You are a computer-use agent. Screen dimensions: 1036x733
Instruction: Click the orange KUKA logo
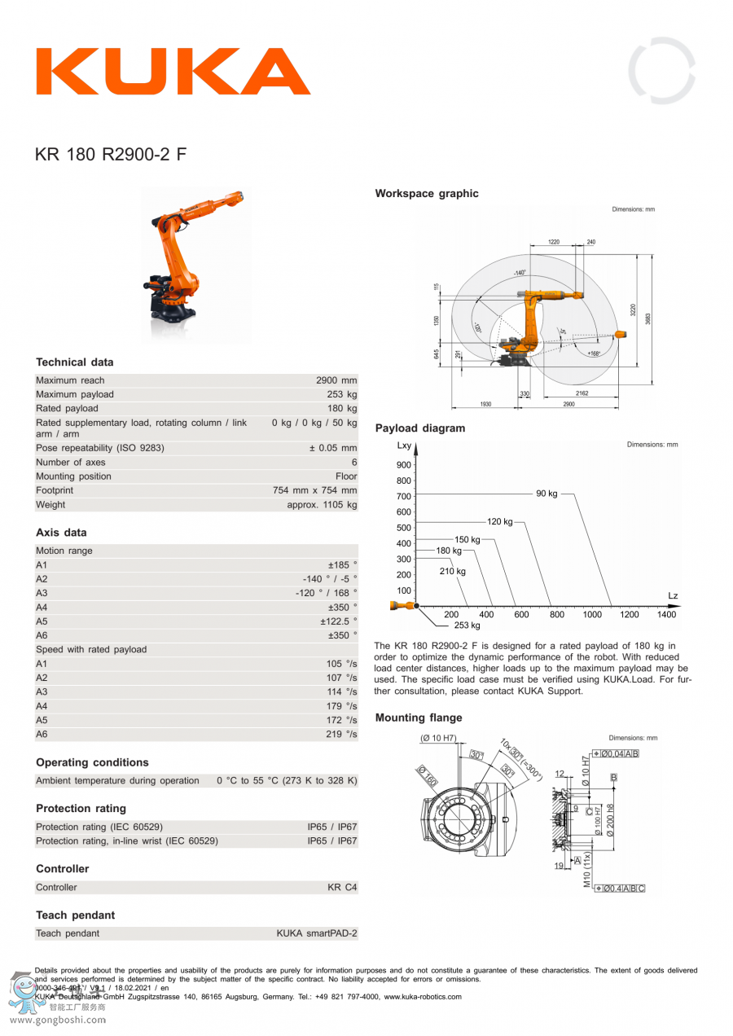pyautogui.click(x=173, y=72)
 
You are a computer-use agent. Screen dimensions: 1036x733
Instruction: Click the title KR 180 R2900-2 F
pyautogui.click(x=111, y=154)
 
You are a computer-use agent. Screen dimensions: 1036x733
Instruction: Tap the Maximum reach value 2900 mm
pyautogui.click(x=336, y=380)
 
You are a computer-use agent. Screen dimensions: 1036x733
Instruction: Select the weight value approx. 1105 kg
pyautogui.click(x=322, y=505)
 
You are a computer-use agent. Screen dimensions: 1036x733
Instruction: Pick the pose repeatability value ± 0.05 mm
pyautogui.click(x=333, y=448)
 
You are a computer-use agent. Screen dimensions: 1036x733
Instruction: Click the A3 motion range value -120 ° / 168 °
pyautogui.click(x=326, y=593)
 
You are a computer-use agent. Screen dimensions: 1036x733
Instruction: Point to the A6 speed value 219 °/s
pyautogui.click(x=341, y=735)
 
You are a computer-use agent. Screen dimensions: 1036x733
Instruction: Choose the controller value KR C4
pyautogui.click(x=342, y=887)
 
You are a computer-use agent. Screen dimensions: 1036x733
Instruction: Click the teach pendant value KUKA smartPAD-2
pyautogui.click(x=316, y=933)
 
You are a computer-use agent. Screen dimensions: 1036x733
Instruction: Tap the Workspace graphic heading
pyautogui.click(x=427, y=194)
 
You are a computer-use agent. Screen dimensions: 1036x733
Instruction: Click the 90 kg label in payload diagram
pyautogui.click(x=546, y=494)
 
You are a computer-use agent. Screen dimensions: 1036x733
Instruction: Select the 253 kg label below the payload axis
pyautogui.click(x=467, y=626)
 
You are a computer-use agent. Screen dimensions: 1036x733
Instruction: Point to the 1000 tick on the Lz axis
pyautogui.click(x=592, y=615)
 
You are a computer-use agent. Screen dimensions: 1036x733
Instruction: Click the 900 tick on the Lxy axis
pyautogui.click(x=404, y=465)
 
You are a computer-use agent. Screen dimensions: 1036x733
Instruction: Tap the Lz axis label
pyautogui.click(x=673, y=596)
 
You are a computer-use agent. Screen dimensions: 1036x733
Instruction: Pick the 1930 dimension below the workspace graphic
pyautogui.click(x=485, y=405)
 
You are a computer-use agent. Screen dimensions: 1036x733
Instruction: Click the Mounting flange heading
pyautogui.click(x=419, y=718)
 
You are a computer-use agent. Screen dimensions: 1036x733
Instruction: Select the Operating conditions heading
pyautogui.click(x=92, y=762)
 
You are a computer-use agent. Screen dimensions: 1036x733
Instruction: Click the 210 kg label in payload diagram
pyautogui.click(x=453, y=572)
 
